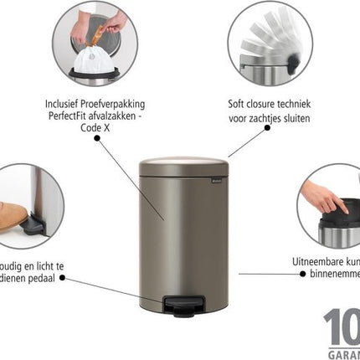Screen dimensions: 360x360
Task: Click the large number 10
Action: coord(341,327)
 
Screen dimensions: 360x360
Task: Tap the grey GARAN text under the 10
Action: coord(342,352)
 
